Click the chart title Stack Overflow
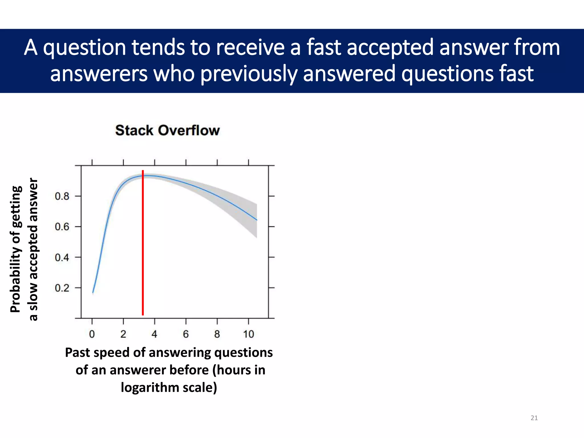[167, 131]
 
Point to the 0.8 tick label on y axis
[62, 196]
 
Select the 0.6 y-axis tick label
[62, 227]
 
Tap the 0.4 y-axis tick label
[62, 257]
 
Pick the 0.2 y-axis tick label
[62, 288]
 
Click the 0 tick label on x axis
[92, 334]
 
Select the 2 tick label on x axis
[123, 334]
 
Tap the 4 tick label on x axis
[154, 334]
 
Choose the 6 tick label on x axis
[186, 334]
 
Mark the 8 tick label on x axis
[217, 334]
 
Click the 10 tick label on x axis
[248, 334]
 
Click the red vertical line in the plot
[143, 242]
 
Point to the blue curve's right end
[257, 220]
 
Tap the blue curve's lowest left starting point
[93, 293]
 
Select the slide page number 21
[534, 418]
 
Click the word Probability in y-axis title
[16, 288]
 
